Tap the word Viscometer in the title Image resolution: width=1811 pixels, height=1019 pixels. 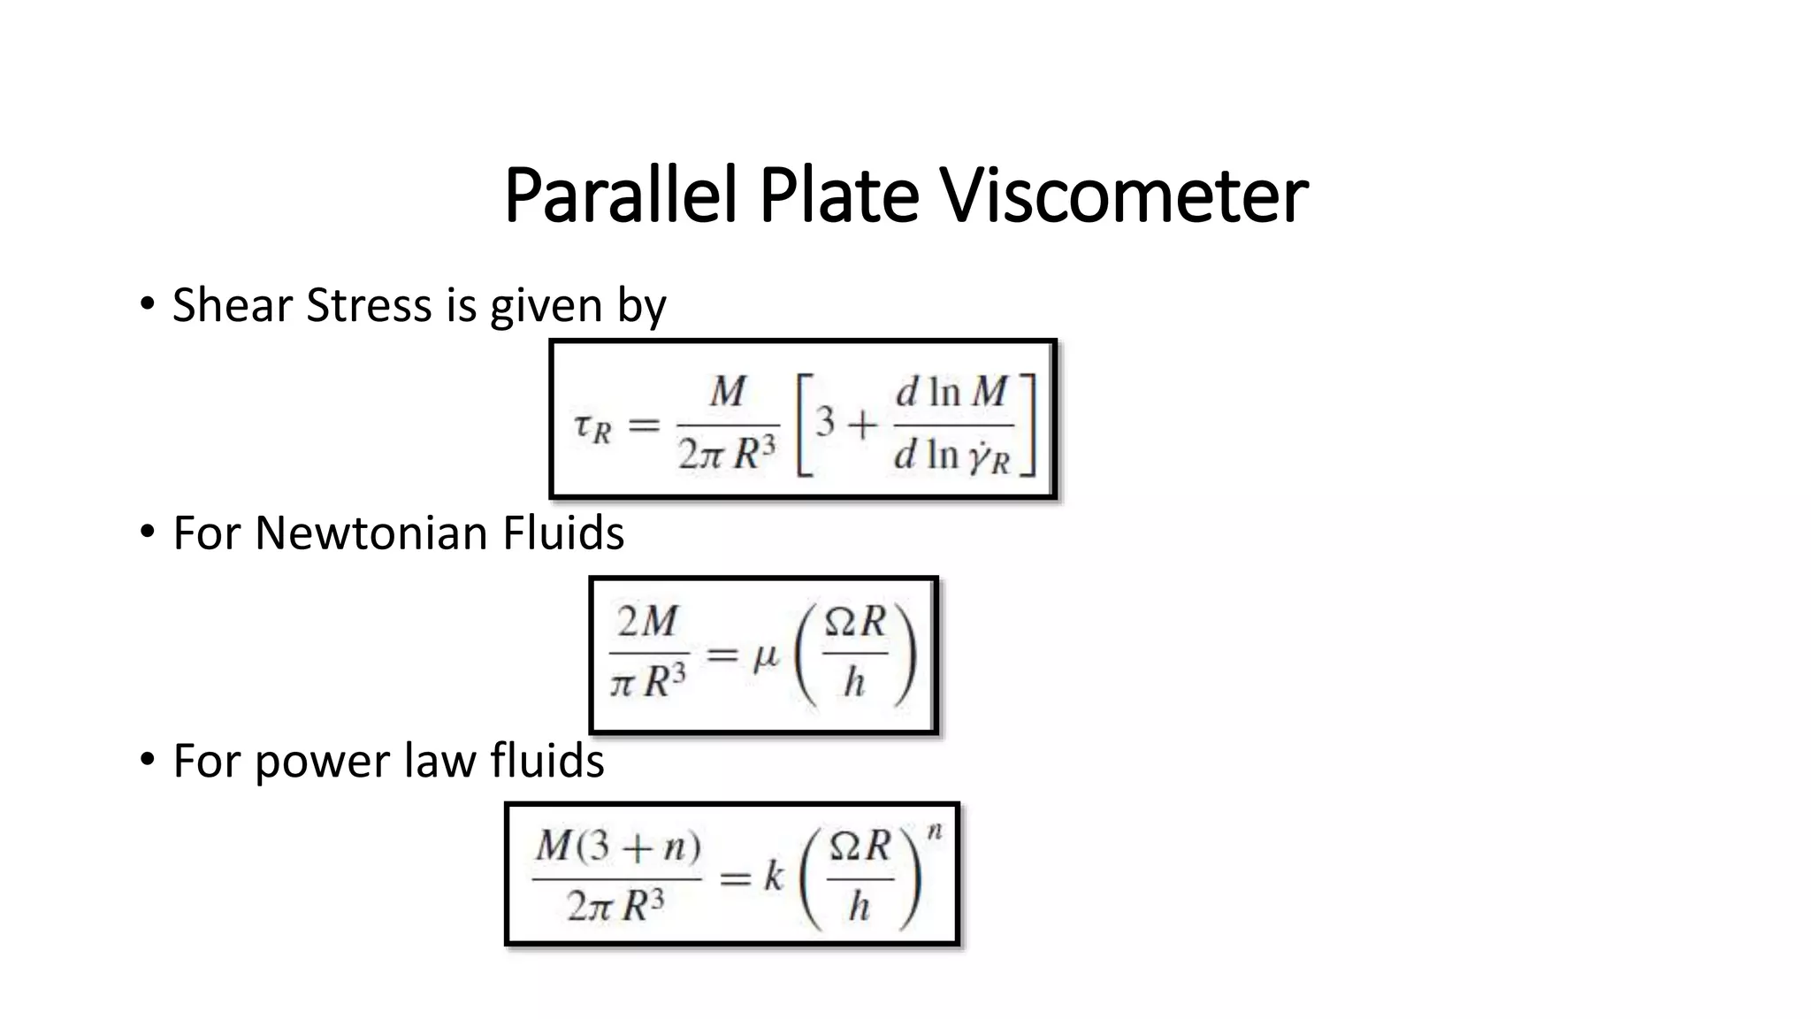pyautogui.click(x=1123, y=195)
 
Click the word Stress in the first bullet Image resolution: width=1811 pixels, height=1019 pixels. pyautogui.click(x=371, y=305)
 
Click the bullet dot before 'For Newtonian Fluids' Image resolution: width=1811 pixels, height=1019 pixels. pyautogui.click(x=148, y=531)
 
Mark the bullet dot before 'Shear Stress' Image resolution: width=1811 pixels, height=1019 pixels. pyautogui.click(x=148, y=303)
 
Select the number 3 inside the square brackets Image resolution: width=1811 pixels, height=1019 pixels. pyautogui.click(x=825, y=421)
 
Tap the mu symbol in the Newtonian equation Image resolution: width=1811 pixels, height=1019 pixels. pyautogui.click(x=765, y=657)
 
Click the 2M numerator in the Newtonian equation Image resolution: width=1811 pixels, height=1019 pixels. pyautogui.click(x=648, y=622)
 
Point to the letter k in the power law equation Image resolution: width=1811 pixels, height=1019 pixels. pyautogui.click(x=774, y=877)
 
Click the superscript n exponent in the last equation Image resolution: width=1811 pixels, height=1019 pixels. pyautogui.click(x=935, y=831)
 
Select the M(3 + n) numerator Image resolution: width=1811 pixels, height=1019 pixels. pyautogui.click(x=617, y=847)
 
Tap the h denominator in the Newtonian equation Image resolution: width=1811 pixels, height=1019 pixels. pyautogui.click(x=853, y=682)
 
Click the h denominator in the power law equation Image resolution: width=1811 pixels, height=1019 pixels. pyautogui.click(x=859, y=906)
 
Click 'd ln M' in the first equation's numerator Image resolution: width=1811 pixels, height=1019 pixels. pyautogui.click(x=951, y=392)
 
